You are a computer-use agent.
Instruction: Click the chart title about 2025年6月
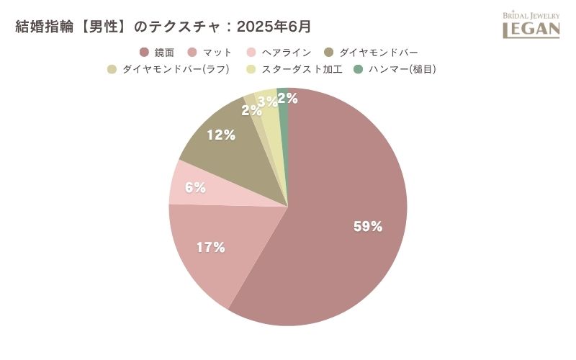click(163, 27)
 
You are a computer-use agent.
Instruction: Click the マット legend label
click(217, 53)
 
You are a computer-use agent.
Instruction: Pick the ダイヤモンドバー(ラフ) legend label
click(176, 70)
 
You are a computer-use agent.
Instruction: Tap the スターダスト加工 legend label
click(292, 70)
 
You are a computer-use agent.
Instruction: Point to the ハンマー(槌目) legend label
click(402, 70)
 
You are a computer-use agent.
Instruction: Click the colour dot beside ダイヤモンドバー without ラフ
click(328, 53)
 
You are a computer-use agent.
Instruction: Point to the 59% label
click(367, 226)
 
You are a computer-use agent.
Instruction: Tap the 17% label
click(211, 247)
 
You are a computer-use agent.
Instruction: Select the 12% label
click(222, 135)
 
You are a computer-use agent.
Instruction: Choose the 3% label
click(267, 102)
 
